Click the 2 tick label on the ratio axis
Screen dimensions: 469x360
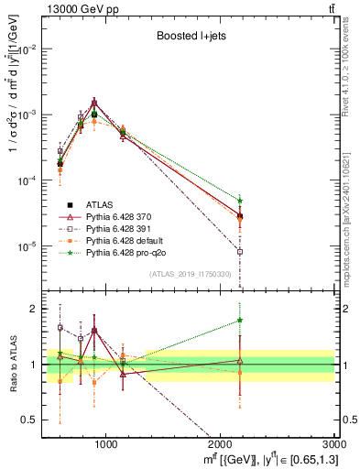34,309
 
